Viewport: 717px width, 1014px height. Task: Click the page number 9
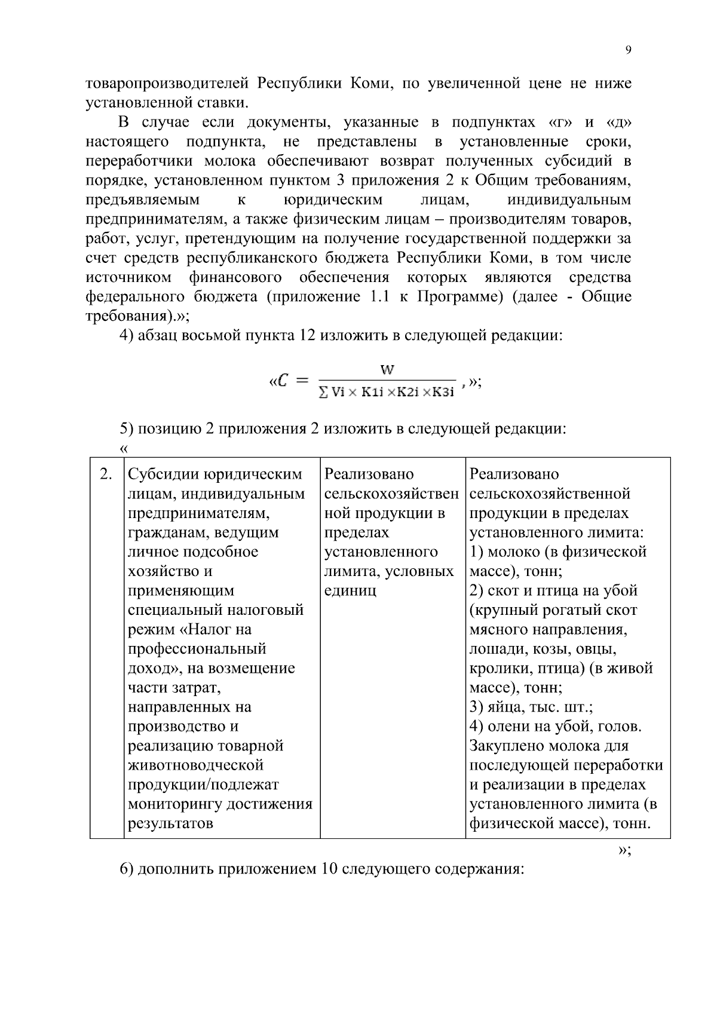[628, 51]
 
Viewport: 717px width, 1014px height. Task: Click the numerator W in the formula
[387, 370]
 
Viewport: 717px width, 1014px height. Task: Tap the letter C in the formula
[284, 381]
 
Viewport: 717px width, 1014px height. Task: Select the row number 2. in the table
[106, 474]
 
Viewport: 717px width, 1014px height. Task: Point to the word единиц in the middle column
[350, 591]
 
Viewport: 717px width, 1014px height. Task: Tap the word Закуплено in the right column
[507, 746]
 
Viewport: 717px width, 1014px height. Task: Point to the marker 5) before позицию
[126, 429]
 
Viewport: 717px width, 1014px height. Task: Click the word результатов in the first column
[170, 824]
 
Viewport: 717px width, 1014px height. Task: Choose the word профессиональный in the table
[197, 649]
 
